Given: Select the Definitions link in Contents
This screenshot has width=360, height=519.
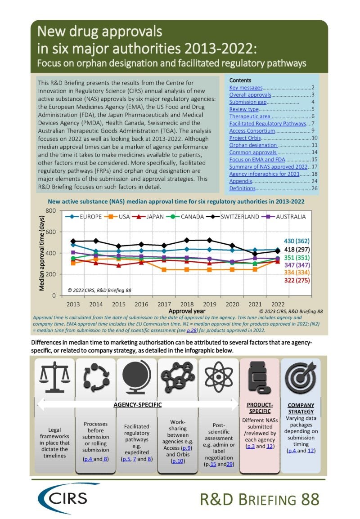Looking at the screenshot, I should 242,188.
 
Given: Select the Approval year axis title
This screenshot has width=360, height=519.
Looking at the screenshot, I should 187,311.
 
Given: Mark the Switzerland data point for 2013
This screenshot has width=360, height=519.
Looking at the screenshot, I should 73,242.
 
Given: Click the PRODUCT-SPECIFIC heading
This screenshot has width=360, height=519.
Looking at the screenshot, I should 260,407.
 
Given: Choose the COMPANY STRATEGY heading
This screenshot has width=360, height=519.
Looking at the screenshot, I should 301,407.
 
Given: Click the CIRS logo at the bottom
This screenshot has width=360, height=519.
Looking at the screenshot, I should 63,498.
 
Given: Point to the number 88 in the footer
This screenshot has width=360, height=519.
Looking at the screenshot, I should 309,499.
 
